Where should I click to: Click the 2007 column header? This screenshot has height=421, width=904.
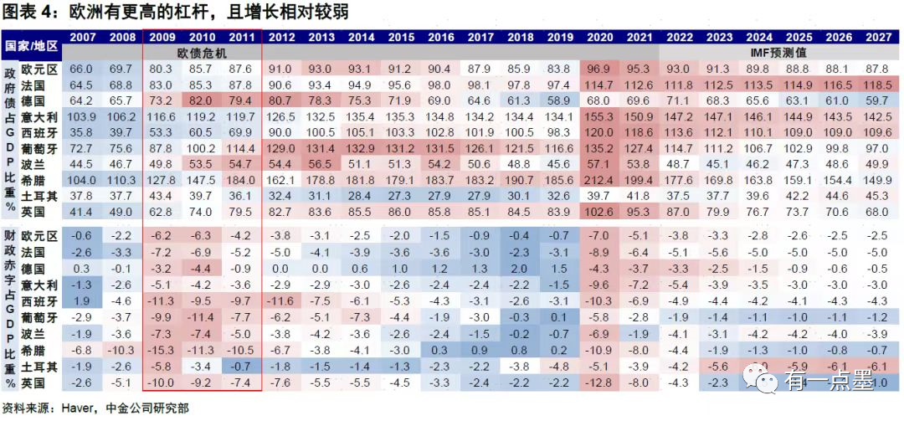(81, 37)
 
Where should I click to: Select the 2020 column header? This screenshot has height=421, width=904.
(598, 37)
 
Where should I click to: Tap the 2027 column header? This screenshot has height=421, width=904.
(878, 37)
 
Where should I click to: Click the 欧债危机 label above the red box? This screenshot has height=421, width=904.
(203, 52)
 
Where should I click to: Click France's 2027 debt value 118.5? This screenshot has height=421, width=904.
(878, 85)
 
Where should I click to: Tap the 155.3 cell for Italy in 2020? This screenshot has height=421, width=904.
(598, 116)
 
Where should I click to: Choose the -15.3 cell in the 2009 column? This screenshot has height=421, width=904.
(162, 350)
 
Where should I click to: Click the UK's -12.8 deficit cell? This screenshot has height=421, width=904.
(598, 382)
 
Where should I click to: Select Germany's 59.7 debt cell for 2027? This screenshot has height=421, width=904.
(878, 100)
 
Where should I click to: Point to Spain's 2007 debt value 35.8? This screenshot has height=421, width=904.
(81, 132)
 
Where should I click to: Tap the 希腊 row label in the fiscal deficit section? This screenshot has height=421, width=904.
(38, 350)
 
